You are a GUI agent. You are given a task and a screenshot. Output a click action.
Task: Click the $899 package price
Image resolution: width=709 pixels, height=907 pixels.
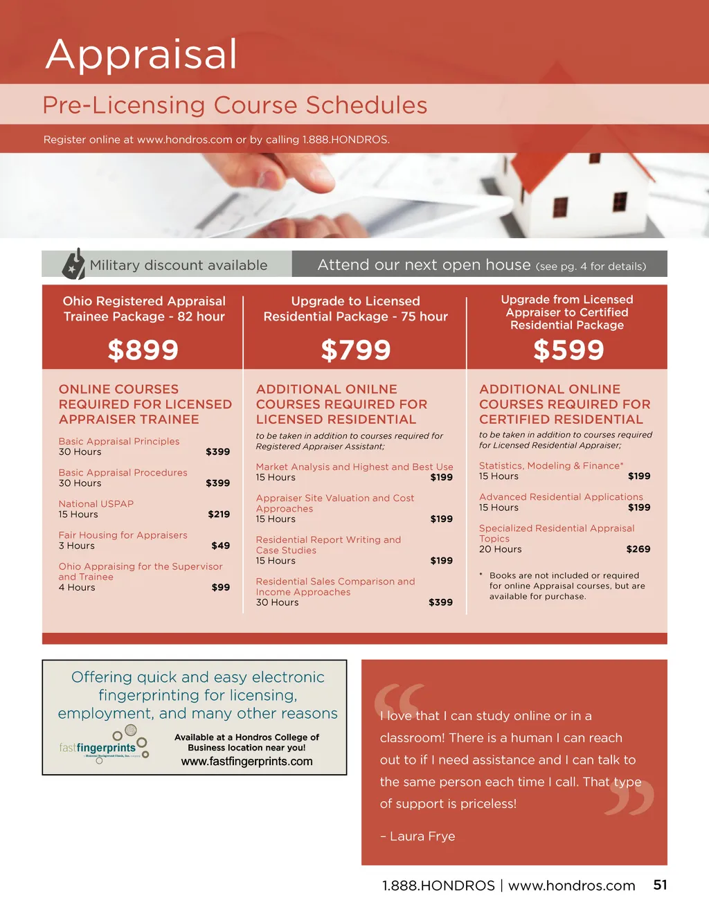(x=143, y=350)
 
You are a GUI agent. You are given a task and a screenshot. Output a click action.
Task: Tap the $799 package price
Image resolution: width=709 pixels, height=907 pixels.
(x=356, y=350)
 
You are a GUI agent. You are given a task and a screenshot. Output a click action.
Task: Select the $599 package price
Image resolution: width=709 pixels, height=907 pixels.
(x=568, y=350)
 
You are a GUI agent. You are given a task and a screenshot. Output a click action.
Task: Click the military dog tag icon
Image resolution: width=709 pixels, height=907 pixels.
(x=74, y=264)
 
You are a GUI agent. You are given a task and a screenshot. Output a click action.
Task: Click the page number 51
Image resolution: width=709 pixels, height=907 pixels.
(x=660, y=885)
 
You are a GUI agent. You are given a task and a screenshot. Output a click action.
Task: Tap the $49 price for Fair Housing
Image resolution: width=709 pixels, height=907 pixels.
(x=221, y=546)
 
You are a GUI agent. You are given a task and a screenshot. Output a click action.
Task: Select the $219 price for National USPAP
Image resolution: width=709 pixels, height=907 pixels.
(x=219, y=514)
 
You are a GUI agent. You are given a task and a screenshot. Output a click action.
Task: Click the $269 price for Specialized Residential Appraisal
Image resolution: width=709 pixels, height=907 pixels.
(x=638, y=549)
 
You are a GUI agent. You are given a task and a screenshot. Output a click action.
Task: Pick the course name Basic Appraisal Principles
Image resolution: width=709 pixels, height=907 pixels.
(x=119, y=441)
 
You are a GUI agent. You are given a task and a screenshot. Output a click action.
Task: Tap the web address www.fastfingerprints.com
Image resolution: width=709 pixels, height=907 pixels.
(x=246, y=762)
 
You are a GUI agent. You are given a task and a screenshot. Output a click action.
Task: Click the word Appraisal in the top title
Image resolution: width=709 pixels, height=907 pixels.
(x=142, y=54)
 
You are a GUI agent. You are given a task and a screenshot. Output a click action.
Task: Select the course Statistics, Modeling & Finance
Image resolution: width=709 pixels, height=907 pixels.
(x=551, y=466)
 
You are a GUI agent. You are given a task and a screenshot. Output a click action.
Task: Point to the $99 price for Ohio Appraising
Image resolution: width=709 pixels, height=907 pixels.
(x=221, y=587)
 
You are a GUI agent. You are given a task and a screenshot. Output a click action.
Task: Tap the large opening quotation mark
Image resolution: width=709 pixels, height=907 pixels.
(x=399, y=699)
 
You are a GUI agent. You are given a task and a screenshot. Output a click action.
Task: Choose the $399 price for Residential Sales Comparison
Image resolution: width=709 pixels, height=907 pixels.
(x=440, y=602)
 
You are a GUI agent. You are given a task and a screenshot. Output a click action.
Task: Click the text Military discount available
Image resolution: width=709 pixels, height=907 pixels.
(x=179, y=265)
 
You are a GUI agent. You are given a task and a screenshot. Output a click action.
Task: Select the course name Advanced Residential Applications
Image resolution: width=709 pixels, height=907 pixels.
(x=561, y=497)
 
